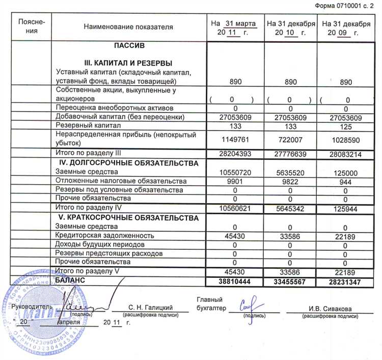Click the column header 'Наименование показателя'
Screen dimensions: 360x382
[x=128, y=27]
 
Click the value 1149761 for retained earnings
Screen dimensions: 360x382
[x=235, y=139]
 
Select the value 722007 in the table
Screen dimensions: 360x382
[x=289, y=139]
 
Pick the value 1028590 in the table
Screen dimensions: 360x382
[x=345, y=139]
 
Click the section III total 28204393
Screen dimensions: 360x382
[x=235, y=154]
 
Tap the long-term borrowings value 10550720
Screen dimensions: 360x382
[x=235, y=172]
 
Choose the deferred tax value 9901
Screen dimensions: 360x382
[x=235, y=181]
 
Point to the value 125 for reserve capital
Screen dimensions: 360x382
[x=345, y=125]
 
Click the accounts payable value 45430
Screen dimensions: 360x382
[x=235, y=235]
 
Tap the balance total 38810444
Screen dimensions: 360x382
[x=235, y=281]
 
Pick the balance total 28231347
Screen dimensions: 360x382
[x=345, y=281]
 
